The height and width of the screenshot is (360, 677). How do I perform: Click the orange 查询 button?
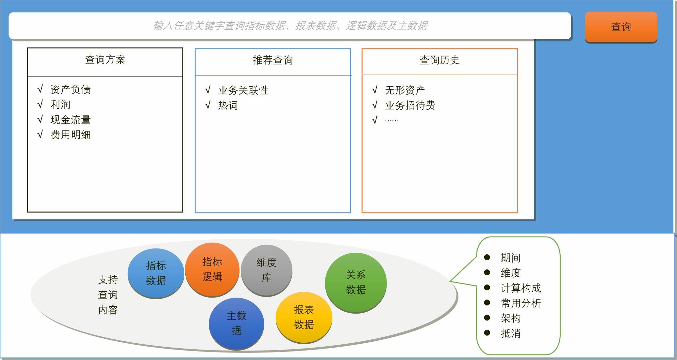point(621,27)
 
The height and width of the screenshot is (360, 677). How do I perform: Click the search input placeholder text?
point(290,26)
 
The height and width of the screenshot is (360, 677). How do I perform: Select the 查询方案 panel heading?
point(105,60)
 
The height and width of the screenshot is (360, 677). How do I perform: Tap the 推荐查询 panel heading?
point(272,60)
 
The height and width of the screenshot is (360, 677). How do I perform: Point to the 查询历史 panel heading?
point(439,60)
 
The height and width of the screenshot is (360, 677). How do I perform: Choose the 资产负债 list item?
point(71,89)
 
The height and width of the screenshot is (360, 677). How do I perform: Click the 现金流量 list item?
point(71,120)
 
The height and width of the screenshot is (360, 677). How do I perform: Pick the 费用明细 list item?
point(71,135)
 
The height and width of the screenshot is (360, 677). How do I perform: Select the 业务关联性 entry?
point(243,90)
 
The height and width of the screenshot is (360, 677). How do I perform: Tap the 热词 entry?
point(228,105)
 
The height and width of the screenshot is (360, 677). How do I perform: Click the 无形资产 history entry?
point(405,90)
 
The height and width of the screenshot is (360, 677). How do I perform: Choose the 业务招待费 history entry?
point(410,105)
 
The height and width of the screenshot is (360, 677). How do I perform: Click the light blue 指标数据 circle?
point(156,273)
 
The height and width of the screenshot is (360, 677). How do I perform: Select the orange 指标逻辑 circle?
point(212,269)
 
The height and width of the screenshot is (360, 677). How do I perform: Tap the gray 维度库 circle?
point(266,270)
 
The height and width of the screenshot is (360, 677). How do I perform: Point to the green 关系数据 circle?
point(356,283)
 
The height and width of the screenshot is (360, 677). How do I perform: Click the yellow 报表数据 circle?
point(304,317)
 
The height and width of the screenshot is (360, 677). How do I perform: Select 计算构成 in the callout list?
point(521,288)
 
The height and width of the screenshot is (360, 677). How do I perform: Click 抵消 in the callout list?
point(511,334)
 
